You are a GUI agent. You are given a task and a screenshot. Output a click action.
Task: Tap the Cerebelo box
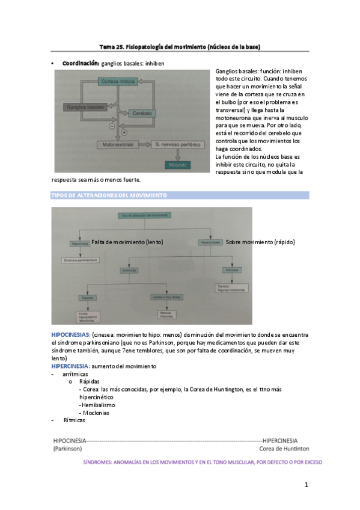(x=142, y=113)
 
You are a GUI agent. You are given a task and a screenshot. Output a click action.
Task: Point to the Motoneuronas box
(x=118, y=145)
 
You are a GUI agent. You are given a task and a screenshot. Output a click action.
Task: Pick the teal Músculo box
(x=178, y=164)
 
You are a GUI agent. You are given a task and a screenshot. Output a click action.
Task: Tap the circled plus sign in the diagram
(x=124, y=131)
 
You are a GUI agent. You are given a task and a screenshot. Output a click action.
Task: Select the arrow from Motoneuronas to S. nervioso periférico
(x=146, y=145)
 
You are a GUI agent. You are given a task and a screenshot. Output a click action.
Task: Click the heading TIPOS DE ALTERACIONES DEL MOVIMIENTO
(x=107, y=196)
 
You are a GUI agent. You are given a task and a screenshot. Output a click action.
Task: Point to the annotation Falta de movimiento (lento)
(x=127, y=242)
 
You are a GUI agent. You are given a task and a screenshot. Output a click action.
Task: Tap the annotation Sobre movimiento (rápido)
(x=260, y=242)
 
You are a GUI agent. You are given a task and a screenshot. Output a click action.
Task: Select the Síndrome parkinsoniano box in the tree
(x=79, y=260)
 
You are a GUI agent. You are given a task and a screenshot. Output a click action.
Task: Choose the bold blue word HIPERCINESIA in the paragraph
(x=70, y=366)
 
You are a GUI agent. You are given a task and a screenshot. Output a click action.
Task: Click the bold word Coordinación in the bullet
(x=81, y=63)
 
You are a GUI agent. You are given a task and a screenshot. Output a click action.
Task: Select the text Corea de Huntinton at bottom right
(x=284, y=449)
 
